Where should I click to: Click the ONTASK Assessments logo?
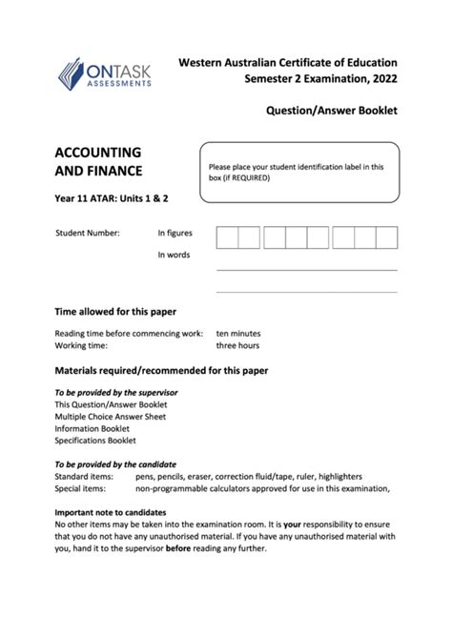[104, 73]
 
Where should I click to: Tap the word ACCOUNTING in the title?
[99, 153]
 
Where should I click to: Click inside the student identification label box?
[298, 173]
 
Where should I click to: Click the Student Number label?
[88, 232]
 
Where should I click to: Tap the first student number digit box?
[227, 237]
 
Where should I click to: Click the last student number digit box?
[386, 237]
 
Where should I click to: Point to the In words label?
[175, 255]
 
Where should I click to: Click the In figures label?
[175, 232]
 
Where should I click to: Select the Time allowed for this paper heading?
[115, 312]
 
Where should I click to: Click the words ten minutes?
[238, 334]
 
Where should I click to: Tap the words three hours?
[238, 346]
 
